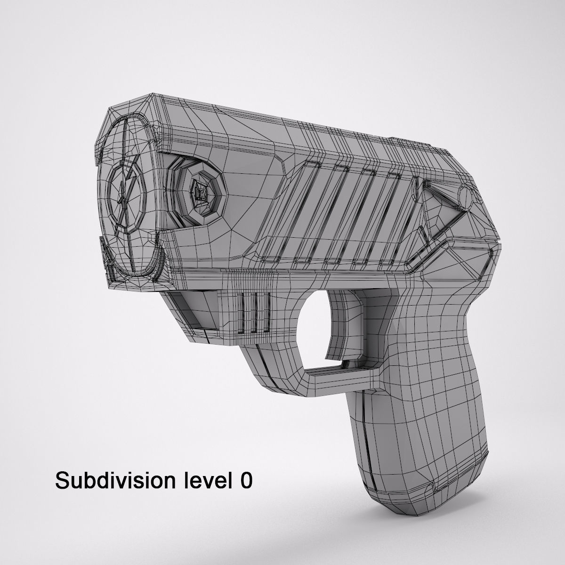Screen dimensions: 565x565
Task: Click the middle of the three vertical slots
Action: click(255, 313)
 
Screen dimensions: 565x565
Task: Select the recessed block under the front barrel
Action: click(188, 311)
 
